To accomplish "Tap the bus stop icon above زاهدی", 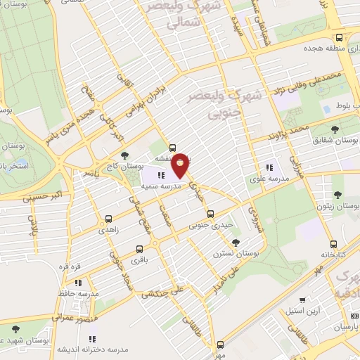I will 108,219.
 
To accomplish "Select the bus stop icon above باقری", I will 139,249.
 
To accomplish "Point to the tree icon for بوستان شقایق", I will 334,129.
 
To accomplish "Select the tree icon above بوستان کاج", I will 124,155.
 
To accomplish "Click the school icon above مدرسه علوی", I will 269,167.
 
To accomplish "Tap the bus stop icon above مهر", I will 221,345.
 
